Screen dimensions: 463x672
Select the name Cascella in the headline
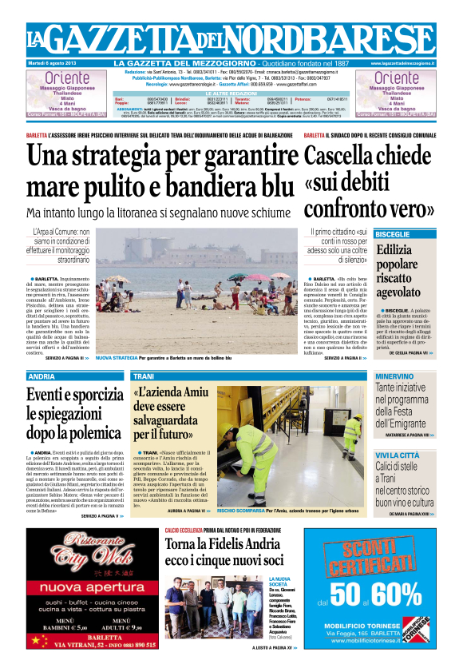(x=344, y=156)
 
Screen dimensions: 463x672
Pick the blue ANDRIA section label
(x=42, y=376)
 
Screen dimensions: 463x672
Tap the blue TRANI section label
(x=144, y=376)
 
